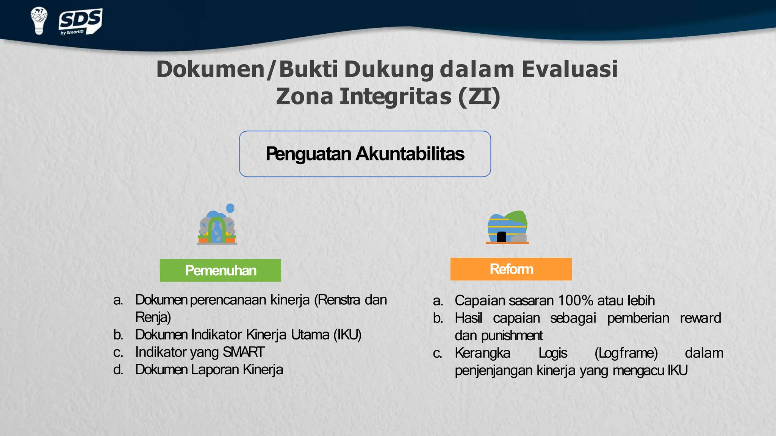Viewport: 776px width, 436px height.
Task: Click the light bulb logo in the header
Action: tap(39, 20)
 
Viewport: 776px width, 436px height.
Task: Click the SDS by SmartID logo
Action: tap(80, 22)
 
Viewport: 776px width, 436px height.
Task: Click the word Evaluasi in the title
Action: tap(569, 69)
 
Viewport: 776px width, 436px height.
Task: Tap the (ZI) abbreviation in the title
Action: tap(479, 96)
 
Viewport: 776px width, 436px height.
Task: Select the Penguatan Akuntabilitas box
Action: tap(365, 154)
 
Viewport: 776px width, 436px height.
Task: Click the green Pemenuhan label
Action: tap(221, 271)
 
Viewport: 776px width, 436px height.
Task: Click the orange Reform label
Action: tap(511, 269)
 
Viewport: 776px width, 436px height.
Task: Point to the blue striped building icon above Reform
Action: tap(507, 227)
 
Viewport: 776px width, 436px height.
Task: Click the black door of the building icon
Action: tap(501, 237)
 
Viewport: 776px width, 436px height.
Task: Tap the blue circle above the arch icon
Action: tap(230, 208)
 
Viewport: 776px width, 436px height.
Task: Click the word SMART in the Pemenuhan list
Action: tap(243, 352)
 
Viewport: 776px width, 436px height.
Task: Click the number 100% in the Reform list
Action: tap(575, 301)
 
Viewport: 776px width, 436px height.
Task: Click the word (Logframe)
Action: tap(626, 353)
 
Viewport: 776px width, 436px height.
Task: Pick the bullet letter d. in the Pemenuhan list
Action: tap(118, 370)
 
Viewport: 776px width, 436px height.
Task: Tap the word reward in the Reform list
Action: tap(700, 318)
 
